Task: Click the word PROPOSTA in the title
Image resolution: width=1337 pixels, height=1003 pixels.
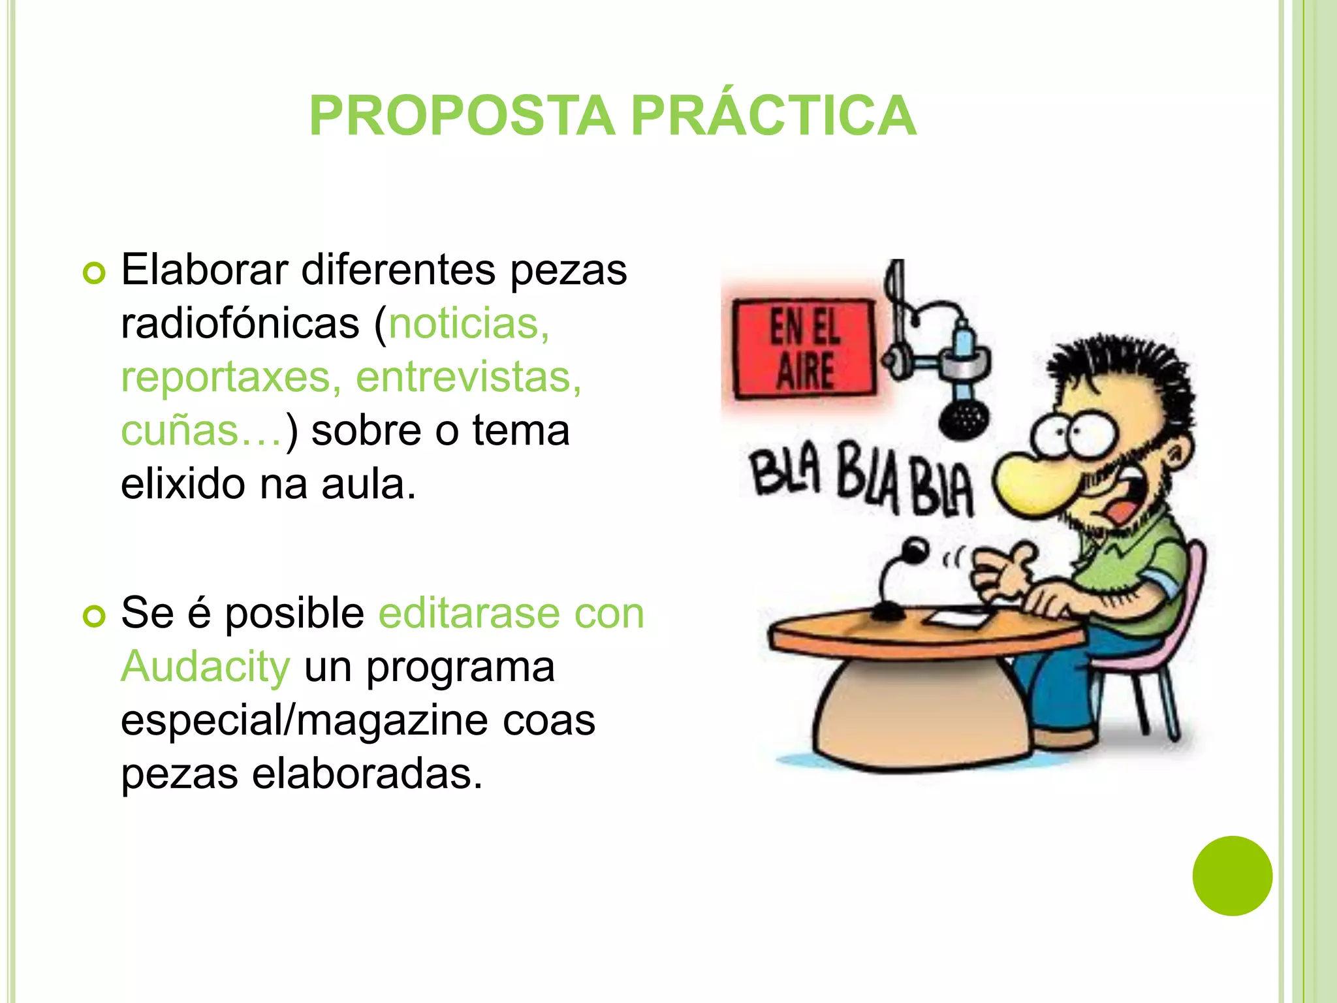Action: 462,116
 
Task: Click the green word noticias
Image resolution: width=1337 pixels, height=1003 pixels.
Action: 469,324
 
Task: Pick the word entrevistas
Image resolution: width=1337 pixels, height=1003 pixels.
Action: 468,378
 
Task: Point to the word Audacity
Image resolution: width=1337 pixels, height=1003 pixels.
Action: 206,667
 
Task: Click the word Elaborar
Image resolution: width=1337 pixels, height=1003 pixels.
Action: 204,270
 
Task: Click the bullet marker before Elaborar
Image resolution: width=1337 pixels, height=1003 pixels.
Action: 94,273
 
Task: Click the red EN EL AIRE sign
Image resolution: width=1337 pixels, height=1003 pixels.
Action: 803,349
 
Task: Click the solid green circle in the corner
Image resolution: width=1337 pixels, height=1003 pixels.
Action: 1232,876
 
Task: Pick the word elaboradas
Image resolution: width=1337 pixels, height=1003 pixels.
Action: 367,774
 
